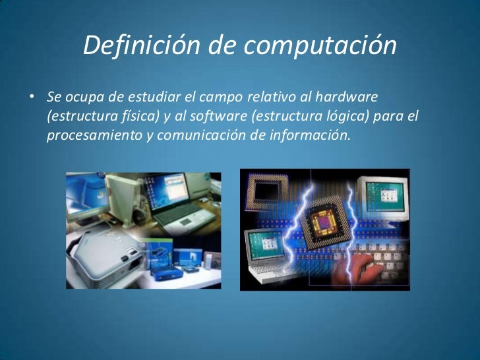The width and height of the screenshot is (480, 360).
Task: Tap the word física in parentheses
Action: click(x=133, y=117)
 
